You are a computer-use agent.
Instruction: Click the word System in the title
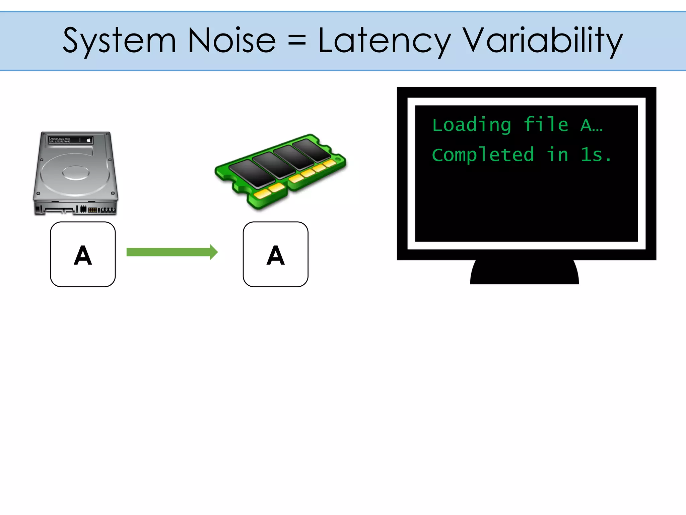120,41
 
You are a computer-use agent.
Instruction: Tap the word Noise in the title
232,41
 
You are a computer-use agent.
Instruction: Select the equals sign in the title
297,41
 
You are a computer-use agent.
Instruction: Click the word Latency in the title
385,41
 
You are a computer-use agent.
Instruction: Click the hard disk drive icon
76,173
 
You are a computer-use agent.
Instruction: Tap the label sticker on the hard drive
71,140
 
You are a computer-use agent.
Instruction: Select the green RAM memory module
281,171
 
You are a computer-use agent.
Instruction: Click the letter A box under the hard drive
83,254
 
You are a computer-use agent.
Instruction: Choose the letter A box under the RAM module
275,254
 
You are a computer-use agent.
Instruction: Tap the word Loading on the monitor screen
472,125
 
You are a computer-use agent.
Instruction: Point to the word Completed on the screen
483,155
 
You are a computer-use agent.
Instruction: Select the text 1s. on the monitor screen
596,155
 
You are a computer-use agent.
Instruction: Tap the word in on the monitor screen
557,155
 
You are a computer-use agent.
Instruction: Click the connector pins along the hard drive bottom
75,210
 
